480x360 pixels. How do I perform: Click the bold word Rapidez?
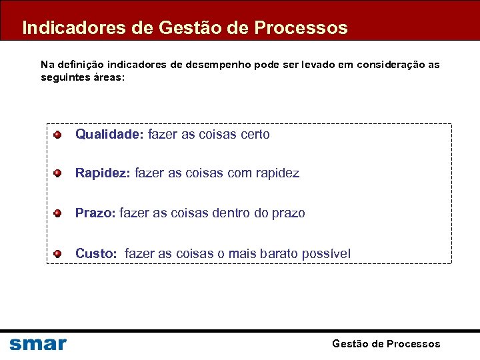click(x=103, y=173)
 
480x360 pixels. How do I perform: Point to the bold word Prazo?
click(x=95, y=213)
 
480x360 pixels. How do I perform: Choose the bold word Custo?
click(x=97, y=253)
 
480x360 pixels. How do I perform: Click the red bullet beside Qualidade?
click(x=58, y=135)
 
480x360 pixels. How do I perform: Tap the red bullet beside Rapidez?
click(x=58, y=173)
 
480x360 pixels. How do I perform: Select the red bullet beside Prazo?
click(x=58, y=213)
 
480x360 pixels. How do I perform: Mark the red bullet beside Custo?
click(x=58, y=253)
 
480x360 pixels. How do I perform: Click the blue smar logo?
click(x=38, y=344)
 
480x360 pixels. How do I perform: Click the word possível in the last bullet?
click(x=326, y=253)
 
